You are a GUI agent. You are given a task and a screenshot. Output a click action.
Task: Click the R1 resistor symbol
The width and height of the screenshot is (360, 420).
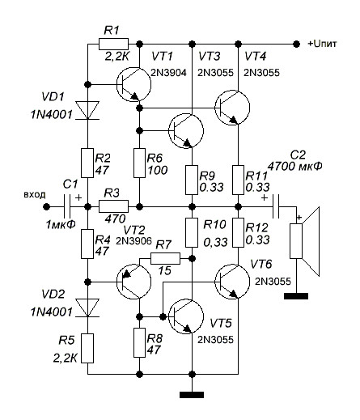[113, 44]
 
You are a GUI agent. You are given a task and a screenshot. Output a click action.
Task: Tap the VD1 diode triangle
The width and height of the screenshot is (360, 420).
[87, 110]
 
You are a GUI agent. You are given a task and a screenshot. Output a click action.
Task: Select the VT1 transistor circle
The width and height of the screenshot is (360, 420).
[133, 84]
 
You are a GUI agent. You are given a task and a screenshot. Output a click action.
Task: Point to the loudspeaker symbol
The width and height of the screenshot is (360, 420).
[305, 241]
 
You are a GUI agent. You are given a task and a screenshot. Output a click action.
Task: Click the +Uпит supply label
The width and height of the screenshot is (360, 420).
[323, 44]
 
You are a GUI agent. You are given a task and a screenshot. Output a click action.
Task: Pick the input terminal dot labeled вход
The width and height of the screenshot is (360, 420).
[47, 207]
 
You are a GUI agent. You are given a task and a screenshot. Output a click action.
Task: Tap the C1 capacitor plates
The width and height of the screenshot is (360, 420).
[67, 207]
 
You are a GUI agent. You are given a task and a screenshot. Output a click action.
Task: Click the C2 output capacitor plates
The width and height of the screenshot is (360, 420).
[276, 207]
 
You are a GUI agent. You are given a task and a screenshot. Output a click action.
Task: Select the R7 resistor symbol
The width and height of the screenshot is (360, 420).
[165, 258]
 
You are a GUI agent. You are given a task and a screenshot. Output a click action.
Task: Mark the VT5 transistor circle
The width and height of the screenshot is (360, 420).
[185, 316]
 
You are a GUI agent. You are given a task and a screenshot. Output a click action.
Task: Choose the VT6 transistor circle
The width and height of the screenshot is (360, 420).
[232, 282]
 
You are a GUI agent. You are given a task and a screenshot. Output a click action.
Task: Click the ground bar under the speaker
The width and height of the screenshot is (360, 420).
[296, 296]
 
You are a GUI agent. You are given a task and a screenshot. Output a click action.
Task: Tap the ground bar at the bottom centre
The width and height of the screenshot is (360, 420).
[192, 395]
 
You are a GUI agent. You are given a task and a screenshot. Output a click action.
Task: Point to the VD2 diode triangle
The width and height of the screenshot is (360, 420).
[87, 308]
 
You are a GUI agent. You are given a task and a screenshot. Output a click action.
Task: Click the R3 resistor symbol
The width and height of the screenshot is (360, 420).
[113, 206]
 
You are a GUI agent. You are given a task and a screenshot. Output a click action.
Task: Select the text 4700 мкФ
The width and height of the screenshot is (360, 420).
[294, 167]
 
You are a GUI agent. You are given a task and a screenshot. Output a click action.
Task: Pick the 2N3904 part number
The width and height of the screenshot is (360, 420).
[168, 73]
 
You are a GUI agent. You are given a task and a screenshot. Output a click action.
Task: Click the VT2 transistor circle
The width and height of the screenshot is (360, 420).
[133, 282]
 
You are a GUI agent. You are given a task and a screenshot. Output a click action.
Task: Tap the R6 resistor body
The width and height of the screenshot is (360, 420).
[139, 163]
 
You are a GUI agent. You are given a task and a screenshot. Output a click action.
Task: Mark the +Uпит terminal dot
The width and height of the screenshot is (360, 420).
[296, 44]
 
